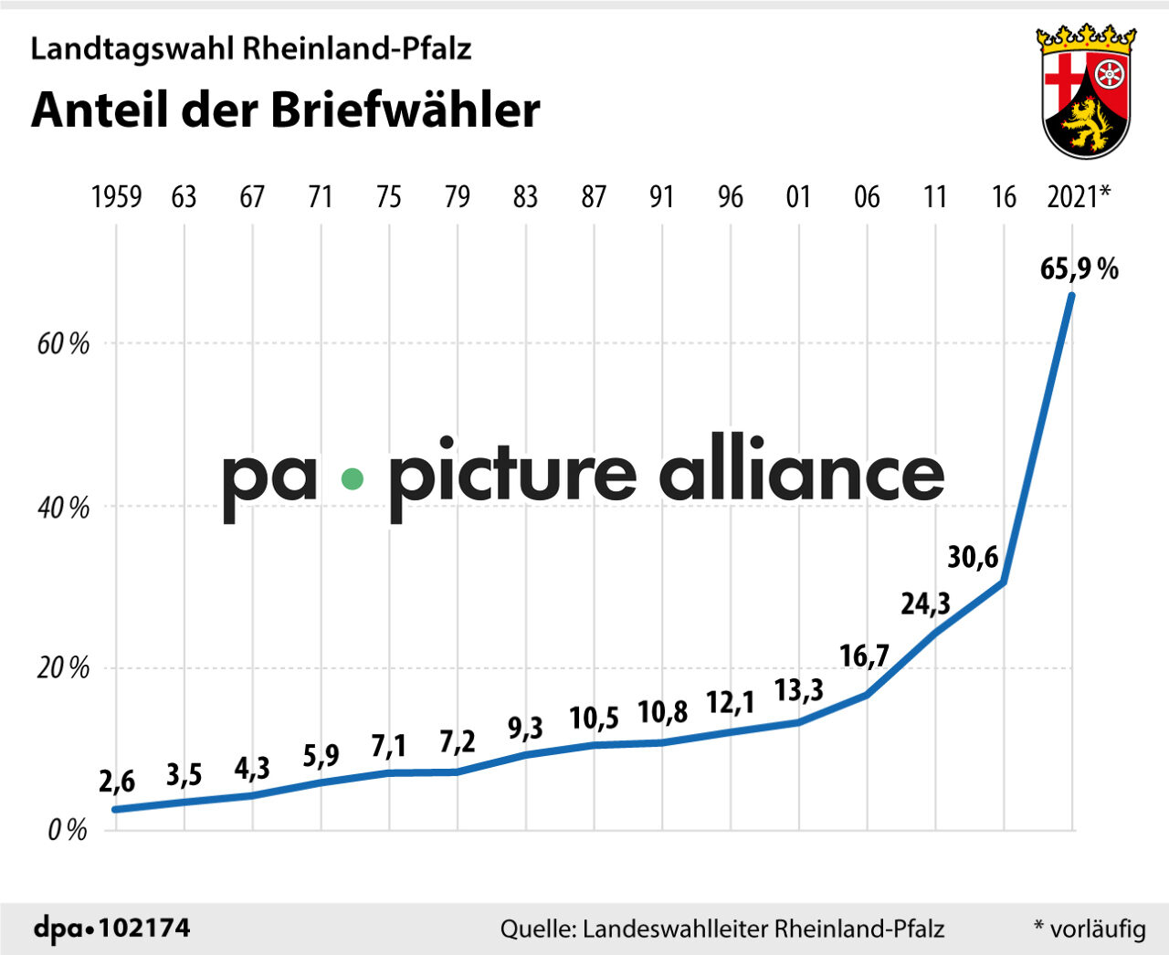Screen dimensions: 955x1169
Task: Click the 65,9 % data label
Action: point(1079,268)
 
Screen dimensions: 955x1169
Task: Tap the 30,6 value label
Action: point(973,556)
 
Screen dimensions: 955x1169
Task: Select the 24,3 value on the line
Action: point(925,603)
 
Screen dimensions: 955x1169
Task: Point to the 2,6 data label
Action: point(117,782)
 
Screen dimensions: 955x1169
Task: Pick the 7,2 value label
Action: point(457,742)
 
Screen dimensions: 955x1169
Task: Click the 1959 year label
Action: point(116,196)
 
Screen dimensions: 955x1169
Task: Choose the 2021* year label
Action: point(1079,196)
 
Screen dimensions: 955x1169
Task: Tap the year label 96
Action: point(730,196)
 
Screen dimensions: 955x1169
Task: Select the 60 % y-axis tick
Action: point(64,344)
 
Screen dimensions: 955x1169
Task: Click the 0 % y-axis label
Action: point(67,830)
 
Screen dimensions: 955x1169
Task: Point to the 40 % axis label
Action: point(64,507)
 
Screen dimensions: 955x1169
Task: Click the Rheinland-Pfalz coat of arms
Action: point(1086,91)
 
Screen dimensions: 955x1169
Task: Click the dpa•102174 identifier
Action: point(112,929)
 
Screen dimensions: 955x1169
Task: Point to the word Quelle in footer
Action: point(537,929)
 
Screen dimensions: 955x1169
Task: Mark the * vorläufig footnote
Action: point(1090,929)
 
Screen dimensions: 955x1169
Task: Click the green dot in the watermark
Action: point(352,478)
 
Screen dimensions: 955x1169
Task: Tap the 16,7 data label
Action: point(864,656)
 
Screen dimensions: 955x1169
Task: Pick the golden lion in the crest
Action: point(1085,124)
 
